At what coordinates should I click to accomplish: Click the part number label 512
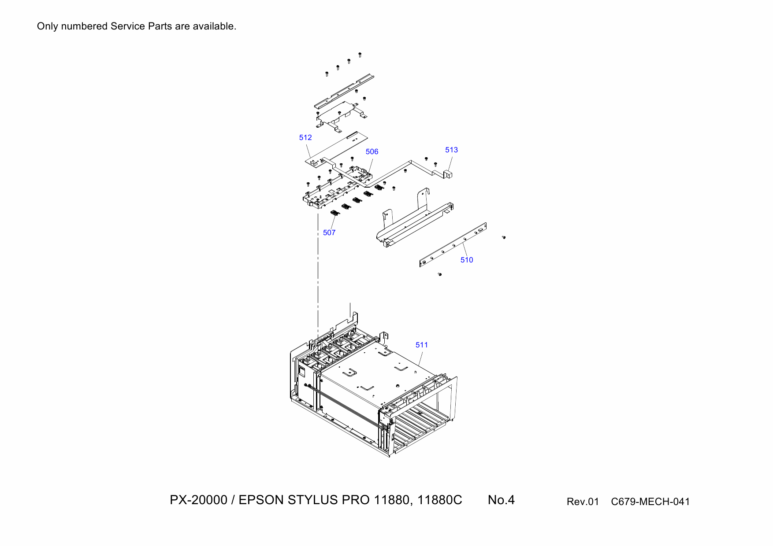tap(305, 138)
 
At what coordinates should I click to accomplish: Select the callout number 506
tap(372, 152)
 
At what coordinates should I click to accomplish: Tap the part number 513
tap(451, 150)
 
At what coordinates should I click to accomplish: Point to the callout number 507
tap(329, 233)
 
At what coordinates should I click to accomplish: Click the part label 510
tap(467, 260)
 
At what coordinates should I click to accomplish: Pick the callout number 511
tap(422, 345)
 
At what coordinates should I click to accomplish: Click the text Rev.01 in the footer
tap(583, 502)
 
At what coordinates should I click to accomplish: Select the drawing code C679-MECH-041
tap(650, 502)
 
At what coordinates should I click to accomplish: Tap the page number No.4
tap(501, 500)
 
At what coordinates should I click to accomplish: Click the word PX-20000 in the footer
tap(198, 500)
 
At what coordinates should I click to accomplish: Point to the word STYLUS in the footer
tap(313, 500)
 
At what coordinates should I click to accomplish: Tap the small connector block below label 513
tap(448, 174)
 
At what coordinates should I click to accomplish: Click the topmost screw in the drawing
tap(360, 55)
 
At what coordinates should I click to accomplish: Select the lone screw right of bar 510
tap(504, 237)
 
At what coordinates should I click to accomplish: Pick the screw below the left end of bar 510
tap(439, 274)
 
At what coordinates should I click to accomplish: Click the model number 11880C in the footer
tap(439, 500)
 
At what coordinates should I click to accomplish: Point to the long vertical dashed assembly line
tap(318, 273)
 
